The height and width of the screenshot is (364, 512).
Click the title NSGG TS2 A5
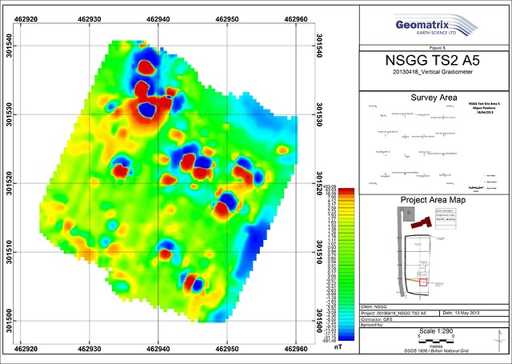pos(432,61)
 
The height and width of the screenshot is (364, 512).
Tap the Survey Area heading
pos(432,98)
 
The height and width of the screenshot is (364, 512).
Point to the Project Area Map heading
pos(432,200)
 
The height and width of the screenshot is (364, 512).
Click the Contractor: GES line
pos(379,318)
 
